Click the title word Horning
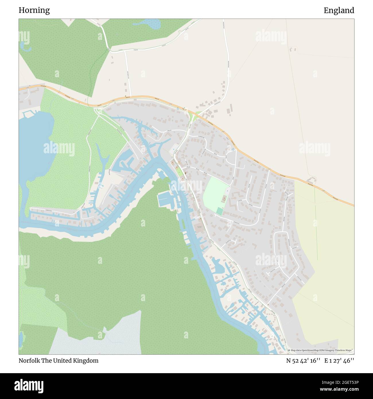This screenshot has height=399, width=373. point(34,11)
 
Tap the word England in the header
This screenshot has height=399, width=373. point(339,11)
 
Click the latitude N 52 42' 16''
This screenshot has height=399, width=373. point(303,361)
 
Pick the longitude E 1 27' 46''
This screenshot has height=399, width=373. point(339,361)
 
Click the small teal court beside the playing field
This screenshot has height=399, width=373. point(219,211)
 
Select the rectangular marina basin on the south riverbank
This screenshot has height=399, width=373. point(165,199)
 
